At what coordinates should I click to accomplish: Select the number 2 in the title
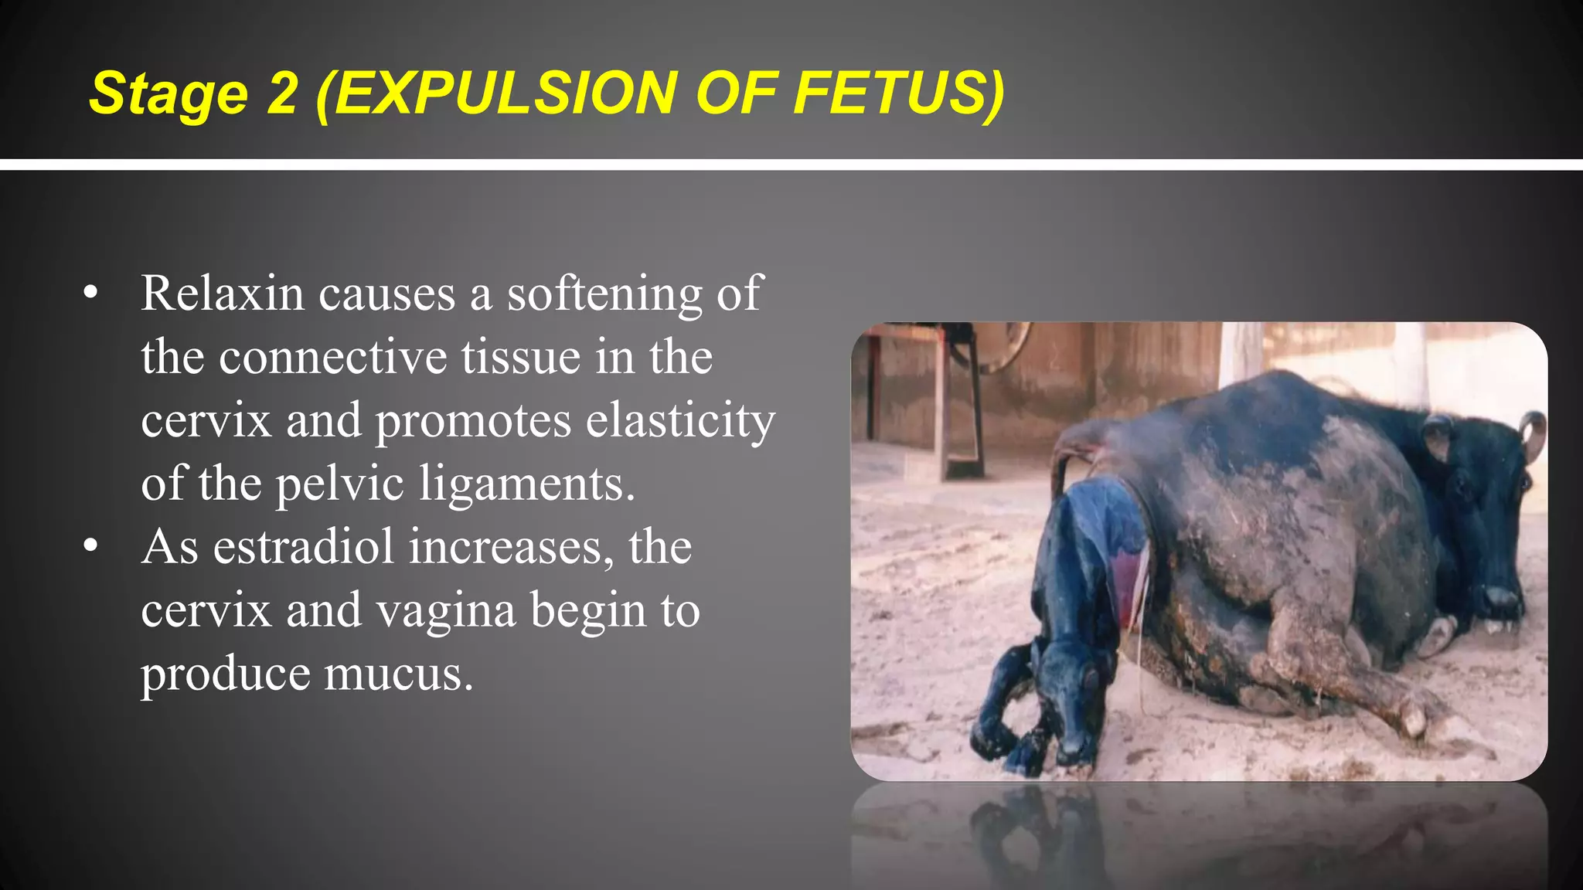coord(281,93)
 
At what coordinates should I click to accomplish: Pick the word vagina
coord(446,611)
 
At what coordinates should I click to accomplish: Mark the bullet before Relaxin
coord(91,294)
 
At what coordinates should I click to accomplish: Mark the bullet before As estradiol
coord(91,547)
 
